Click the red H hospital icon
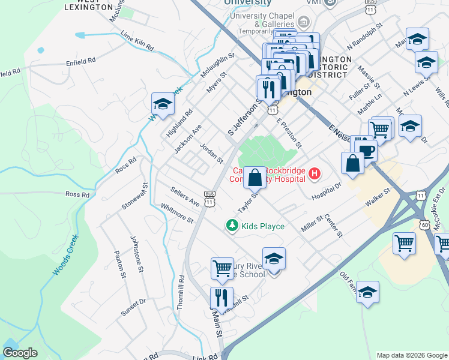coord(314,175)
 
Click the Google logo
coord(20,353)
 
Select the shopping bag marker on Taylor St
coord(255,178)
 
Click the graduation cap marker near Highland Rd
coord(162,104)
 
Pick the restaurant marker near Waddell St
coord(221,297)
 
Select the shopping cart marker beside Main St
coord(222,268)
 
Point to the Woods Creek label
coord(65,255)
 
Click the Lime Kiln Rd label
coord(137,41)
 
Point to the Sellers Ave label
coord(184,197)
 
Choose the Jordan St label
coord(211,153)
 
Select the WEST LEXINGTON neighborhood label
coord(89,5)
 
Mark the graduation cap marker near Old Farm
coord(367,292)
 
